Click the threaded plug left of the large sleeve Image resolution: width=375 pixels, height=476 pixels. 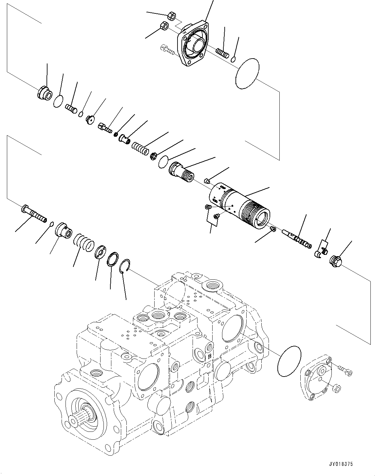(182, 173)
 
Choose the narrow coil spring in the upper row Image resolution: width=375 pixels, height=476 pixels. (140, 146)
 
